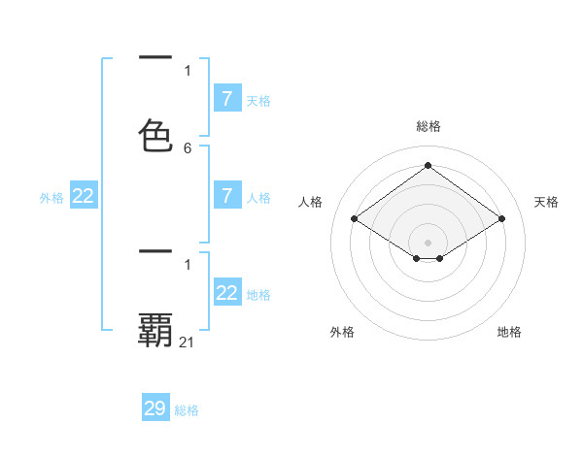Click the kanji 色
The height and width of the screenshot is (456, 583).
155,136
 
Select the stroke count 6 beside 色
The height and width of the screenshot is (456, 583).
188,147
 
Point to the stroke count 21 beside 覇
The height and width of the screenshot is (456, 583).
188,342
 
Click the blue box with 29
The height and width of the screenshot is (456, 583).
155,408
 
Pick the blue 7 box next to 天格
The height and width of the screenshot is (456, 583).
227,99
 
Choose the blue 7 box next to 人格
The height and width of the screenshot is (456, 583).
227,196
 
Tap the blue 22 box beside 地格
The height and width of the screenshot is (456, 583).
227,293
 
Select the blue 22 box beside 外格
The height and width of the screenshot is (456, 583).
84,196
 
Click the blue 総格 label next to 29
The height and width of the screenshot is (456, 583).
187,410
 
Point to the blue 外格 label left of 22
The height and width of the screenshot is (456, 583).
51,198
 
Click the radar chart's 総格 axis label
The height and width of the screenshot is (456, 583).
429,126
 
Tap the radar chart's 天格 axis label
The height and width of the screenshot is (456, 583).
546,202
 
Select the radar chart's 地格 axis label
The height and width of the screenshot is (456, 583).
509,332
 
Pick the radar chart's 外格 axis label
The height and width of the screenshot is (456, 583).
342,332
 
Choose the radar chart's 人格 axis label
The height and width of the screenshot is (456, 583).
310,202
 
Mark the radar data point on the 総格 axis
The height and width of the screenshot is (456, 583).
429,165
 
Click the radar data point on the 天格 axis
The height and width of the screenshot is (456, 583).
501,219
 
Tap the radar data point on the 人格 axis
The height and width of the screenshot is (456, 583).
355,219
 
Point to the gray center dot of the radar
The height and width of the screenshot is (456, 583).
429,243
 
